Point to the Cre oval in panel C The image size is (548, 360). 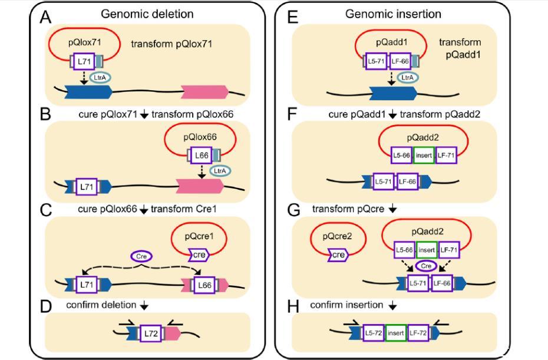[x=141, y=257]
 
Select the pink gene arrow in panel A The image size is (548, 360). [x=204, y=91]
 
